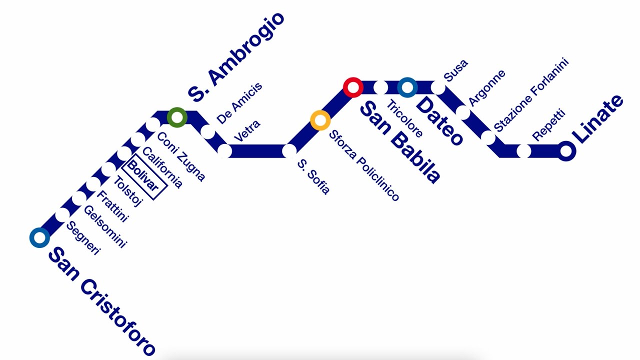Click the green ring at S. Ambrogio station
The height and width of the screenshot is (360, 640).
(177, 117)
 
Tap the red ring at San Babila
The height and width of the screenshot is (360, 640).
(353, 87)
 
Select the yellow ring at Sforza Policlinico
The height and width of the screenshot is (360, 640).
(320, 120)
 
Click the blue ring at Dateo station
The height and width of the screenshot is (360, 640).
(407, 87)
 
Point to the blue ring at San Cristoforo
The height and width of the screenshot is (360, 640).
(39, 237)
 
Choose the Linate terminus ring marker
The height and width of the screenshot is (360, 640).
(566, 150)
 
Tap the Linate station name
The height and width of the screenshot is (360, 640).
(597, 119)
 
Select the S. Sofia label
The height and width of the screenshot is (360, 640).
(313, 176)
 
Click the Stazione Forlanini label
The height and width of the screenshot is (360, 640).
(531, 95)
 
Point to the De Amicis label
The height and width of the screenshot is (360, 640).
(239, 104)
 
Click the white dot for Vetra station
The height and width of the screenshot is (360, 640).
(224, 150)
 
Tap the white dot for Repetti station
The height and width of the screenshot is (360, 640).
(523, 150)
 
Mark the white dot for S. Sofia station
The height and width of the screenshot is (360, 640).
(289, 150)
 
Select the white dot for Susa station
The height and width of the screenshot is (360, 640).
(438, 88)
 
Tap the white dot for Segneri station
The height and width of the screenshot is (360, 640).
(62, 214)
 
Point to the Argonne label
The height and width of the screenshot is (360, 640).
(487, 87)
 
